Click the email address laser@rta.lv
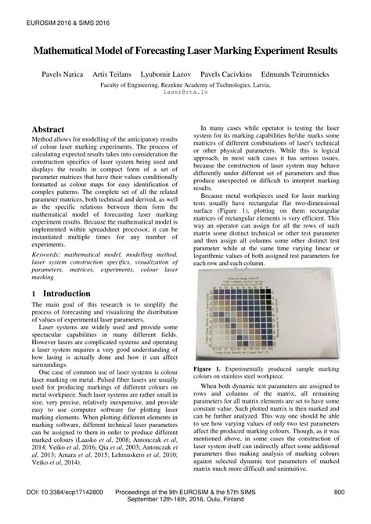pyautogui.click(x=185, y=91)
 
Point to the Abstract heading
pyautogui.click(x=51, y=127)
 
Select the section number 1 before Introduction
pyautogui.click(x=34, y=293)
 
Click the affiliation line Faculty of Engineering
pyautogui.click(x=185, y=82)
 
